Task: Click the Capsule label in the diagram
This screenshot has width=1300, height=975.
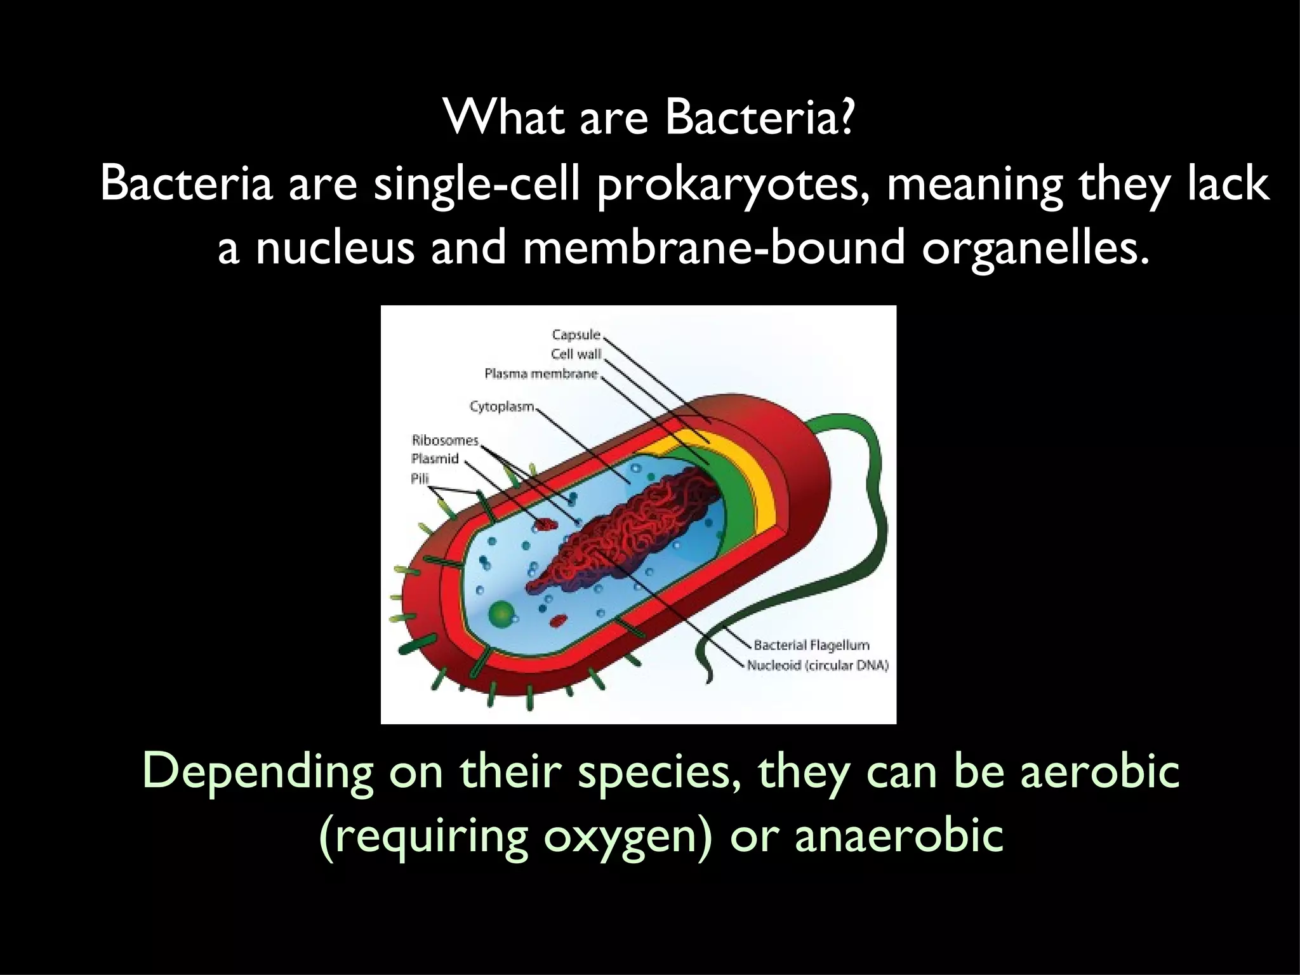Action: tap(576, 335)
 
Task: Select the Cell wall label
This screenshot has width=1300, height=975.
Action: tap(576, 354)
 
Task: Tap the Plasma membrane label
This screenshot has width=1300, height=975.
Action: tap(541, 374)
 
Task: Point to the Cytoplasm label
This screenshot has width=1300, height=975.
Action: tap(501, 406)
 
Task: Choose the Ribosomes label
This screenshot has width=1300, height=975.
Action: tap(444, 440)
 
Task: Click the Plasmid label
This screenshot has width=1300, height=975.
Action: tap(435, 459)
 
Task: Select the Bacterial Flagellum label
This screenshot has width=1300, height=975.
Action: tap(811, 646)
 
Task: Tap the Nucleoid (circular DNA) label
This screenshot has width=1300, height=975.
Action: tap(818, 666)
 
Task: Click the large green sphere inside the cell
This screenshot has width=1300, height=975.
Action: tap(501, 613)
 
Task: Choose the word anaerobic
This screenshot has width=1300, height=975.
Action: tap(899, 835)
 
